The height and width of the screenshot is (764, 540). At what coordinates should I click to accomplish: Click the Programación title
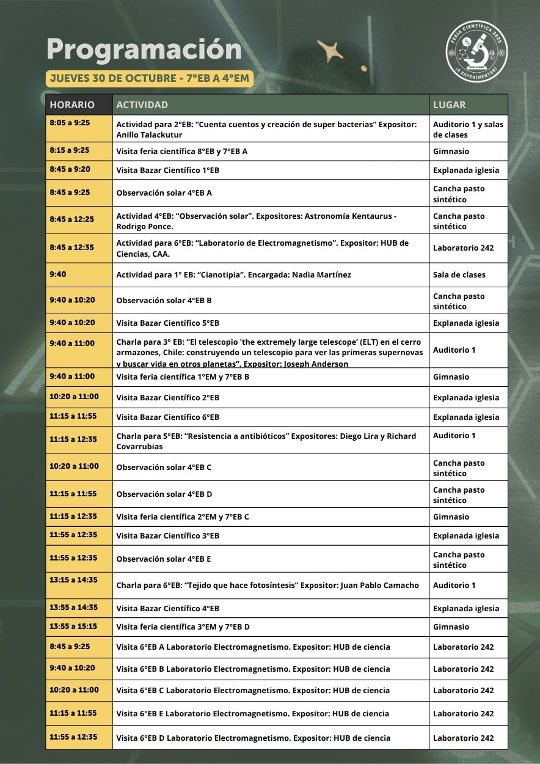[144, 50]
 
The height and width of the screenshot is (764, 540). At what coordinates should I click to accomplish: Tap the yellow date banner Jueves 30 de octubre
[150, 78]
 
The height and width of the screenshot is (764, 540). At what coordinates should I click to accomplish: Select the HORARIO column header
[72, 105]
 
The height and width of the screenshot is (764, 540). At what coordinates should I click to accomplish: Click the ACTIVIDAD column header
[142, 105]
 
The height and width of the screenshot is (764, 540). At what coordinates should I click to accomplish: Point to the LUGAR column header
[449, 105]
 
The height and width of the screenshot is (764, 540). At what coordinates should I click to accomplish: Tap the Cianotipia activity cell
[234, 275]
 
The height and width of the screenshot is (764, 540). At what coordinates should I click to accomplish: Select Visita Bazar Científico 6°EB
[168, 417]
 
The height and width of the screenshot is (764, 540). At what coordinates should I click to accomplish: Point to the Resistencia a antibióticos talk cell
[266, 441]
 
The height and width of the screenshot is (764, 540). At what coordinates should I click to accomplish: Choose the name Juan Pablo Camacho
[379, 585]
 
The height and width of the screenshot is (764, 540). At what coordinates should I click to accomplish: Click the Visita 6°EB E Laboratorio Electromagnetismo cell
[253, 713]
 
